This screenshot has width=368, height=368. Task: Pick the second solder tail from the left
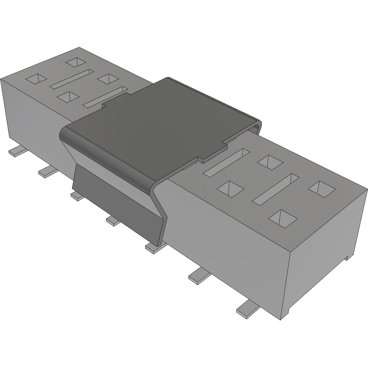(47, 171)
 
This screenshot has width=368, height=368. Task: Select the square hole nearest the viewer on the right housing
(283, 217)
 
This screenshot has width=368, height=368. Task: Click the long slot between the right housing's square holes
(276, 189)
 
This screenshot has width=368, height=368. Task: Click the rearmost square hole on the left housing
(76, 62)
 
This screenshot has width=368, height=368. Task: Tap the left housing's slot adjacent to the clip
(105, 96)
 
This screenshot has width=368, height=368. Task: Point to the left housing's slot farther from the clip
(72, 79)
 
